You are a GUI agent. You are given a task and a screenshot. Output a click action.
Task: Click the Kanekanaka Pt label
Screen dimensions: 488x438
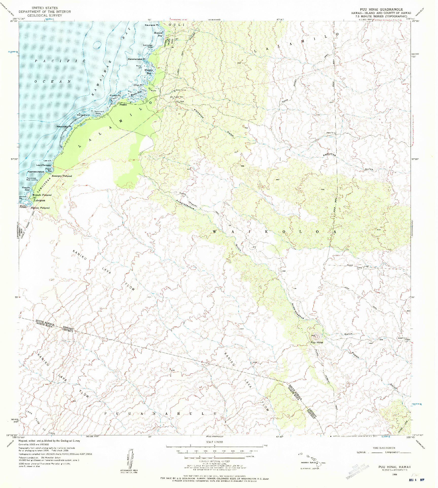[136, 59]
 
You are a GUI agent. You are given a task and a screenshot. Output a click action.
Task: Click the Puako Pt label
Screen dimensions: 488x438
[115, 96]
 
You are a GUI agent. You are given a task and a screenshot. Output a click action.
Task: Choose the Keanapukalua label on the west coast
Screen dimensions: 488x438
[36, 172]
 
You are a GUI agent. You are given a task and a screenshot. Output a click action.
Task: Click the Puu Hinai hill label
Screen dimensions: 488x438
[317, 342]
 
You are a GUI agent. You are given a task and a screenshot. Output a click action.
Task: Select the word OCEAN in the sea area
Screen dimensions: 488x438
[52, 81]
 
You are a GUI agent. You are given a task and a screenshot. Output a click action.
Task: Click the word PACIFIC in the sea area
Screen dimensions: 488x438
[60, 61]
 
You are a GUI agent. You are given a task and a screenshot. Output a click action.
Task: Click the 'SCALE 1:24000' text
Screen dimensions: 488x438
[215, 442]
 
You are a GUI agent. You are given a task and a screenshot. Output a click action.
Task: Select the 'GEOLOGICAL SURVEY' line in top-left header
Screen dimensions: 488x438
[45, 15]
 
